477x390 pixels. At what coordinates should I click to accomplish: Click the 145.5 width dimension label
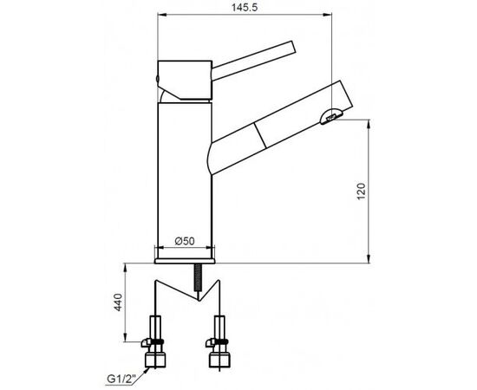245,7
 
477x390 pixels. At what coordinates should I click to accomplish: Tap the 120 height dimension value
361,192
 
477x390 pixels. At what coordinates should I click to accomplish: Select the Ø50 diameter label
185,241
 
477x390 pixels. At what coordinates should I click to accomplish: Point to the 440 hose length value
118,302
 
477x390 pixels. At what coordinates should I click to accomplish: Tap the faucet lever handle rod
253,61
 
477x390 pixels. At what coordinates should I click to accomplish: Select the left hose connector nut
155,360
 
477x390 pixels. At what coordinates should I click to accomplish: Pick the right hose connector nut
219,360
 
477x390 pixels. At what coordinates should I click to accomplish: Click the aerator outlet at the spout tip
331,116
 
